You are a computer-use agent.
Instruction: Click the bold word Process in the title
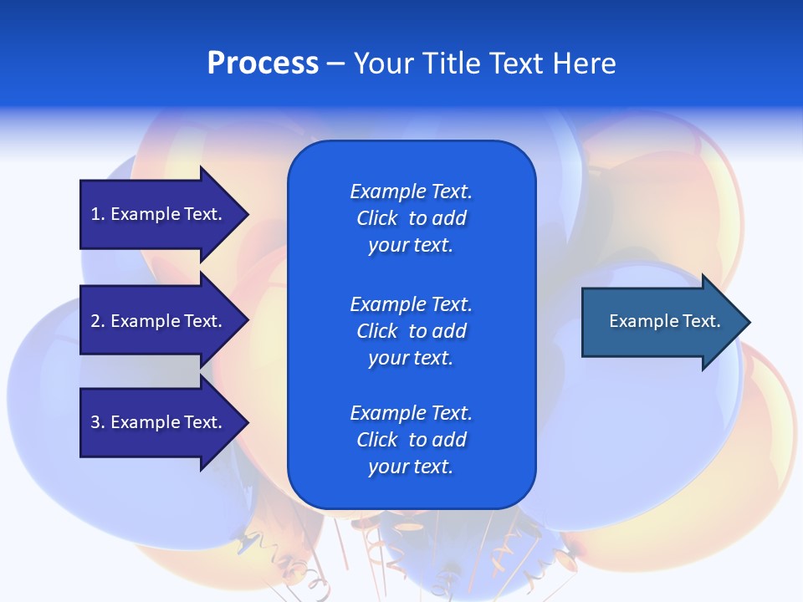pos(263,64)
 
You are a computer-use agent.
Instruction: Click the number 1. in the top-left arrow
pos(98,214)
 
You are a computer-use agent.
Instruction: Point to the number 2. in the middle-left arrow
pos(98,321)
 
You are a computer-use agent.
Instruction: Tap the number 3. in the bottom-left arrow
pos(98,422)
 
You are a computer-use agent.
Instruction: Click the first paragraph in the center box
pos(411,218)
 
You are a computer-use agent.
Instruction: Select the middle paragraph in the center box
pos(411,331)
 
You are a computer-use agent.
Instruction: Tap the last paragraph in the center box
pos(411,440)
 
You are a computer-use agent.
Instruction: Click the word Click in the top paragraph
pos(376,218)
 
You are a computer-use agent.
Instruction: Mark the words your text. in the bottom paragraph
pos(410,467)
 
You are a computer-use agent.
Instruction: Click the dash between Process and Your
pos(335,64)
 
